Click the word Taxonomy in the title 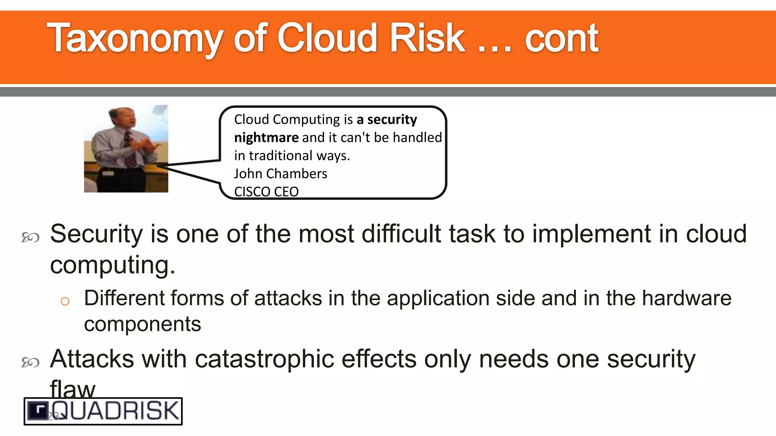[135, 39]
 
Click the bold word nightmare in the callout [266, 137]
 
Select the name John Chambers [280, 174]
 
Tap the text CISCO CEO [266, 192]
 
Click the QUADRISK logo [103, 411]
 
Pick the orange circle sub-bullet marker [65, 301]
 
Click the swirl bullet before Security [30, 237]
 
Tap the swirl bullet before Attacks [30, 362]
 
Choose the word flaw [72, 389]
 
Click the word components [142, 324]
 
